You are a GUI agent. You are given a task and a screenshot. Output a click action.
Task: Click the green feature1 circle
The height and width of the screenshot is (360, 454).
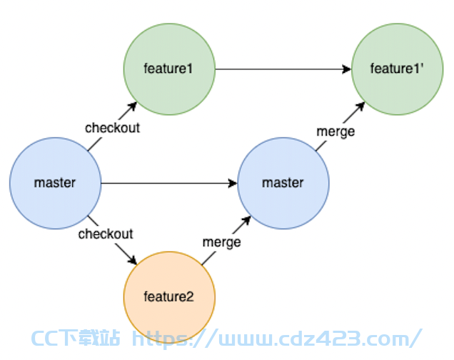coord(169,69)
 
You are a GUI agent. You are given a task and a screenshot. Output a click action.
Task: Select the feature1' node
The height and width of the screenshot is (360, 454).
coord(397,69)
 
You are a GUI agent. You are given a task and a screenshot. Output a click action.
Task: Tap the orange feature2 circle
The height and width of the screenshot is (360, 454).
coord(169,297)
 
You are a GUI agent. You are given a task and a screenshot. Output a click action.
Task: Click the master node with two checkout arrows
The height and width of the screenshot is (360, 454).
coord(55,184)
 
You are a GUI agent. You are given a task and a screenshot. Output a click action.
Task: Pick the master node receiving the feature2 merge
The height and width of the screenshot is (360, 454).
coord(283,184)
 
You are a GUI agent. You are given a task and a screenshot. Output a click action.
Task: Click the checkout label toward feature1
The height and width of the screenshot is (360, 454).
coord(112,128)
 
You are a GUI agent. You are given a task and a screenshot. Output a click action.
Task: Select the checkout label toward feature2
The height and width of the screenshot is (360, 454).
coord(106,234)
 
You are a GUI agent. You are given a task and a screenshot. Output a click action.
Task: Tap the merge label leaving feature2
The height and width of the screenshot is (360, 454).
coord(222,243)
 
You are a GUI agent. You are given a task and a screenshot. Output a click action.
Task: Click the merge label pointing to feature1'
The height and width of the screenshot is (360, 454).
coord(336,131)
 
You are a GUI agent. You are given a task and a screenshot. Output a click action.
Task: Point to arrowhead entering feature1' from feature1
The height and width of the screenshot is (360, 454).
coord(347,69)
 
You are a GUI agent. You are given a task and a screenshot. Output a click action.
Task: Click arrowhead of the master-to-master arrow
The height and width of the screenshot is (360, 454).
coord(233,184)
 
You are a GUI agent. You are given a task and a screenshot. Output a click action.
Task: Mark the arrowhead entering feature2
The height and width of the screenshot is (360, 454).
coord(133,261)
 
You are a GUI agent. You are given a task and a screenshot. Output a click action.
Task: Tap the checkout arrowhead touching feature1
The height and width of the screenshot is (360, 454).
coord(133,106)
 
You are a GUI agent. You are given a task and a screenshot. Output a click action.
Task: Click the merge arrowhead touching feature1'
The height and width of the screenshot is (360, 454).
coord(360,106)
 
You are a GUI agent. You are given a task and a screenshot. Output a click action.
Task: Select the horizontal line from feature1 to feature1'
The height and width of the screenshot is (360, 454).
coord(283,69)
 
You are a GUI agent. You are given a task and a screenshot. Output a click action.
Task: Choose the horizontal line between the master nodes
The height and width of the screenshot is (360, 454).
coord(169,184)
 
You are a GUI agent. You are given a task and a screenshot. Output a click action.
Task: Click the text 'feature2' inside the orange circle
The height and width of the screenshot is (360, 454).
coord(168,297)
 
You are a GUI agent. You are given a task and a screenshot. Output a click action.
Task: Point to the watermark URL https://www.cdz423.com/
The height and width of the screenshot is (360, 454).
coord(277,339)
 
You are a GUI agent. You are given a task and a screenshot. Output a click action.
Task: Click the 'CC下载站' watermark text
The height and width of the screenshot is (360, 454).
coord(75,338)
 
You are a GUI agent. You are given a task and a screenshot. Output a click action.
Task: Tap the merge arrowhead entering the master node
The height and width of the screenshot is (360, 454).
coord(247,220)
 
